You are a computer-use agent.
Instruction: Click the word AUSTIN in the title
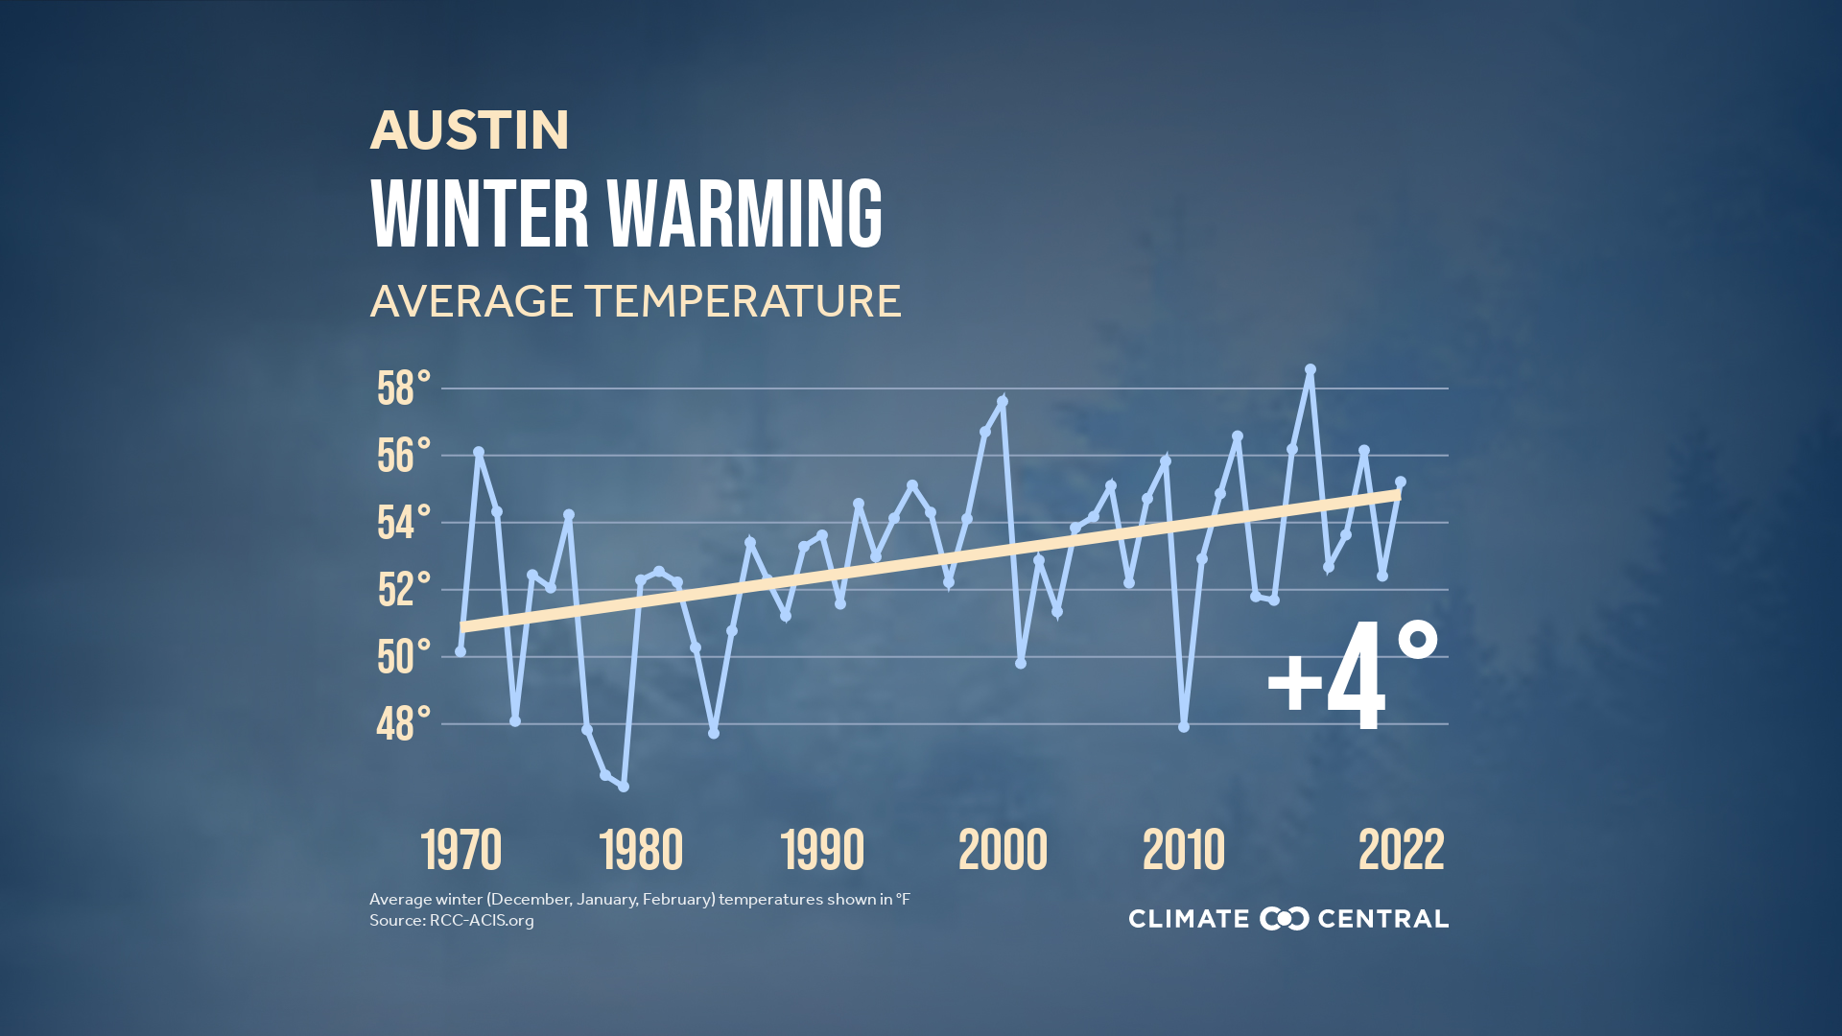469,130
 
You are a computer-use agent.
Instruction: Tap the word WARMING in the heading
744,214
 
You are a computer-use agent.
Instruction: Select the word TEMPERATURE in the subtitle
743,301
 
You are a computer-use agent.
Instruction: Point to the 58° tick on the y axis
403,389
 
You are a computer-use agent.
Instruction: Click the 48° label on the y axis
403,725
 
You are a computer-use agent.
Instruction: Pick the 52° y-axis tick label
403,591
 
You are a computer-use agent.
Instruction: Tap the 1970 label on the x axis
461,851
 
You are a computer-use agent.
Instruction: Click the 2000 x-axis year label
1003,851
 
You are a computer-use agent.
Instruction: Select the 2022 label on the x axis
1401,851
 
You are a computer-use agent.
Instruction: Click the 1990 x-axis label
822,851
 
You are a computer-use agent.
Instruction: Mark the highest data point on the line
1311,369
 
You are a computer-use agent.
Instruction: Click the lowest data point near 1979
624,787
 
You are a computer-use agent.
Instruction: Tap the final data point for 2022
1401,483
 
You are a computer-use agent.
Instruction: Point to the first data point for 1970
460,651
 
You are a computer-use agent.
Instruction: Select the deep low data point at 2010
1184,727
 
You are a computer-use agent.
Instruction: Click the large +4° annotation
1353,678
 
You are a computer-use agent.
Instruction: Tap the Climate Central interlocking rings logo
1284,919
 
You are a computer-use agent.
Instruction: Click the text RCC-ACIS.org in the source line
482,921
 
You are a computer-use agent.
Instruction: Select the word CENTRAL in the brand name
1382,919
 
